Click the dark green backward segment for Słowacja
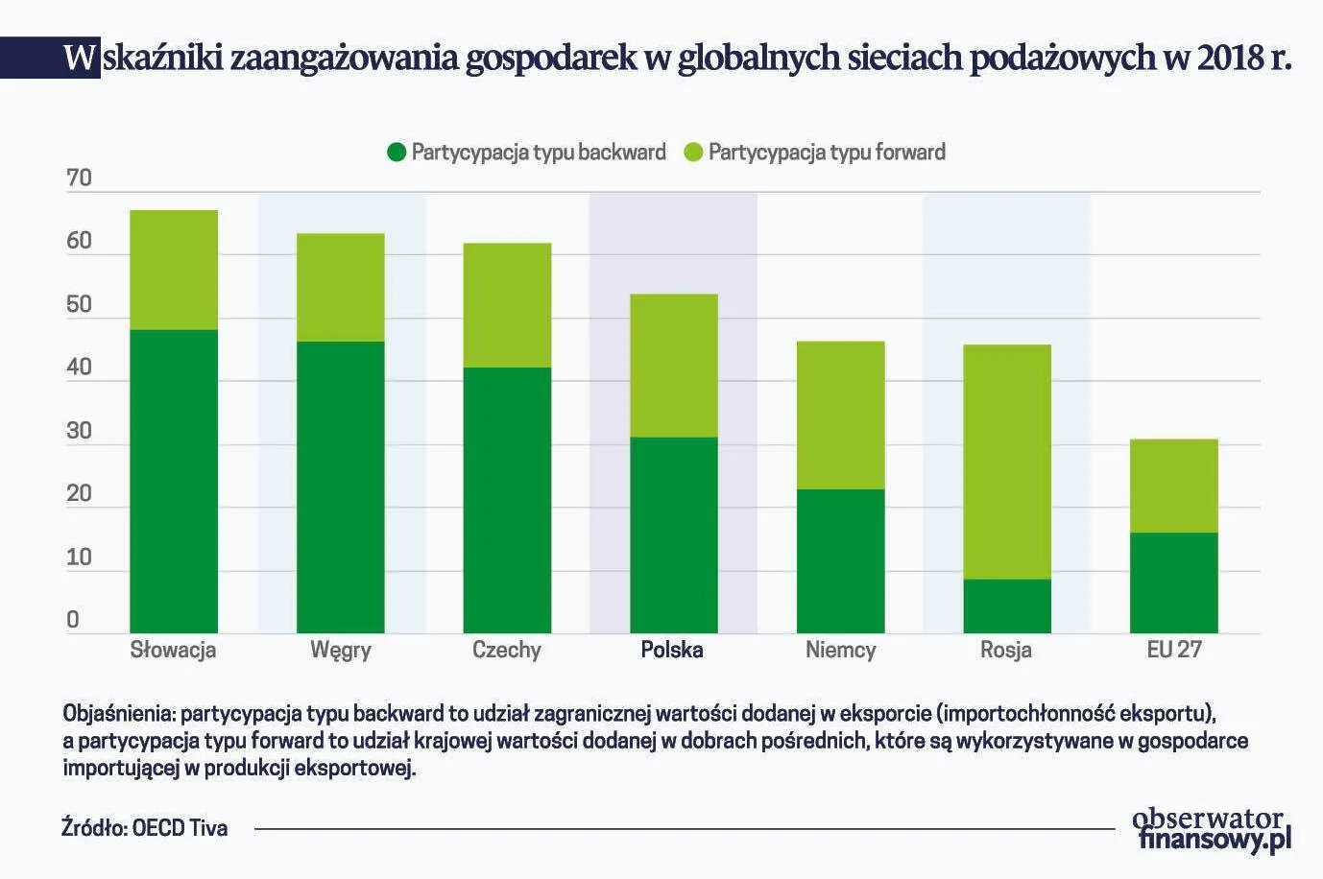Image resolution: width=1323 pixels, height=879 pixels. [x=174, y=481]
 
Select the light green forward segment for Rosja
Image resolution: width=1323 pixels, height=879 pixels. [x=1007, y=462]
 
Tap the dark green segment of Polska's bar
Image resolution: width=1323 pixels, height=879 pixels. [x=674, y=535]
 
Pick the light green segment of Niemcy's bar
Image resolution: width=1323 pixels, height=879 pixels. [x=841, y=415]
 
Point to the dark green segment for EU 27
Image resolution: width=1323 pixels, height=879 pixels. [x=1173, y=582]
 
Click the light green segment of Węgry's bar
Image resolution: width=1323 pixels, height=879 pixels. [x=341, y=287]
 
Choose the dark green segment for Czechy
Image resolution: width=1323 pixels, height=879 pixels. [x=507, y=499]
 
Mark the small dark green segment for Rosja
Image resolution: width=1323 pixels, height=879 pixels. [x=1007, y=606]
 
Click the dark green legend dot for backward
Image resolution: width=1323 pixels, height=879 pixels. [x=397, y=153]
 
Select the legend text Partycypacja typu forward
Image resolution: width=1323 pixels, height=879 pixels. [x=827, y=153]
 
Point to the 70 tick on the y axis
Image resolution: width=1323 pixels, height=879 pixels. [x=80, y=178]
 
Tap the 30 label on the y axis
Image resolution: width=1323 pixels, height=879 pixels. [x=80, y=432]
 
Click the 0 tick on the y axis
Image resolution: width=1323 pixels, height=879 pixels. [x=73, y=621]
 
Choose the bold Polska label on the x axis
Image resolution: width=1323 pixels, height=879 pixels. [x=672, y=650]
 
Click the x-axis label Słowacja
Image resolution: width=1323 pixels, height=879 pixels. [x=174, y=650]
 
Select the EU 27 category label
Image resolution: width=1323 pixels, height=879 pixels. [x=1173, y=650]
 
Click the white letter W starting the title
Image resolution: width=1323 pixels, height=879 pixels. [x=82, y=59]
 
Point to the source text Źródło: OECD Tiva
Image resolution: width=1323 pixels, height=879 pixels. [x=145, y=827]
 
